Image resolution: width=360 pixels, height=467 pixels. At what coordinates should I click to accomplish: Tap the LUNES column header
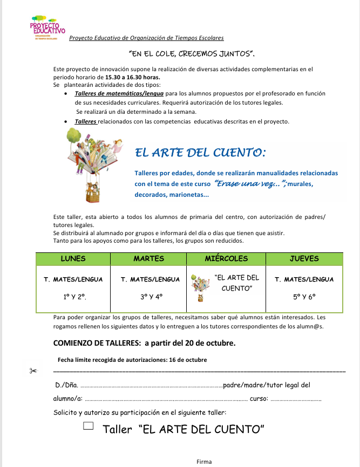pyautogui.click(x=73, y=258)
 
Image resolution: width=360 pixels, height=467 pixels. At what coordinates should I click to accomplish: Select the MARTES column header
pyautogui.click(x=148, y=258)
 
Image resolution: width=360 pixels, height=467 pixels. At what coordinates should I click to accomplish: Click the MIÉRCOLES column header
pyautogui.click(x=226, y=258)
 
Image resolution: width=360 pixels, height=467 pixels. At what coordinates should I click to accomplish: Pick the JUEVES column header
pyautogui.click(x=304, y=258)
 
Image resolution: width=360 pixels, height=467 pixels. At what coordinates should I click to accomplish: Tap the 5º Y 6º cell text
pyautogui.click(x=304, y=296)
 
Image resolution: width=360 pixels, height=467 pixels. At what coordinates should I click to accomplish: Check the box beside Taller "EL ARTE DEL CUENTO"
pyautogui.click(x=89, y=426)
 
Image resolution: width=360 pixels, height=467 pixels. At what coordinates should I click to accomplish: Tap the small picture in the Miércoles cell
pyautogui.click(x=199, y=289)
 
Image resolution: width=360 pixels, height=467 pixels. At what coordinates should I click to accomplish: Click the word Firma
pyautogui.click(x=204, y=462)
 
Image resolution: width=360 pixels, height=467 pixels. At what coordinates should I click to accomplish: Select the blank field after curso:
pyautogui.click(x=295, y=400)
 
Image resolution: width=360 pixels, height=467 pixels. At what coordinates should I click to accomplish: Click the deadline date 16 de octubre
pyautogui.click(x=187, y=360)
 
